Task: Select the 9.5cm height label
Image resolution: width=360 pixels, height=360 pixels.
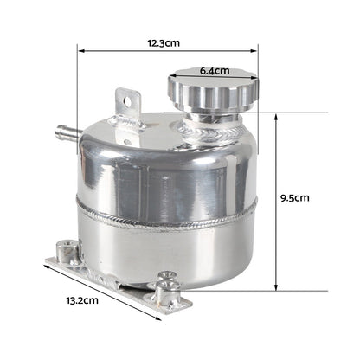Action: point(295,197)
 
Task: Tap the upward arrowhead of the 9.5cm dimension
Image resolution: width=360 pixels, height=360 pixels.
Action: point(276,116)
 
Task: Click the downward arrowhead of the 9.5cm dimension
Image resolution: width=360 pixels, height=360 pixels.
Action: point(276,289)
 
